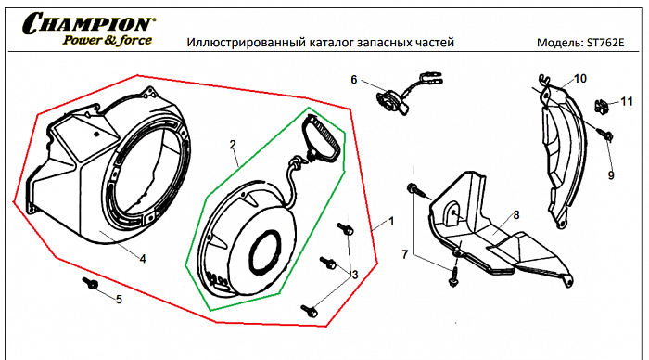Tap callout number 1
[x=391, y=223]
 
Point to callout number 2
[x=234, y=145]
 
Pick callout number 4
[x=143, y=259]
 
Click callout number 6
[x=353, y=80]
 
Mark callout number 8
[x=515, y=215]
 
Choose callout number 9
[x=611, y=174]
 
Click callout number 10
[x=580, y=79]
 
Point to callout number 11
[x=627, y=100]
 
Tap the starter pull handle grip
[x=324, y=139]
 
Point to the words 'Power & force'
[x=101, y=40]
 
